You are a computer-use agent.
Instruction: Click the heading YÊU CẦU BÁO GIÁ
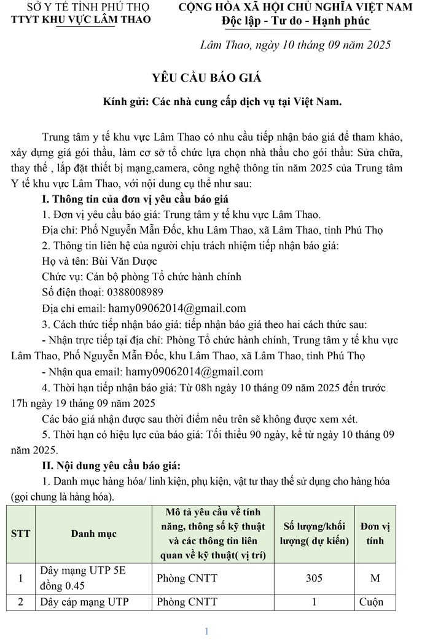pyautogui.click(x=207, y=77)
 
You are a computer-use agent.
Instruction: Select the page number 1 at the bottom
pyautogui.click(x=207, y=631)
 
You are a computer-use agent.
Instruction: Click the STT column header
pyautogui.click(x=21, y=534)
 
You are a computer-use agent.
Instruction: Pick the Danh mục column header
pyautogui.click(x=93, y=534)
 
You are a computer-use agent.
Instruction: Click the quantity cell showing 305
pyautogui.click(x=313, y=578)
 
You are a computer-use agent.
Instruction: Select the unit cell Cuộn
pyautogui.click(x=371, y=602)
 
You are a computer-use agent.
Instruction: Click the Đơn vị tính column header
pyautogui.click(x=375, y=534)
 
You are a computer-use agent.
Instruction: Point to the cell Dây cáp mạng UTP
pyautogui.click(x=85, y=602)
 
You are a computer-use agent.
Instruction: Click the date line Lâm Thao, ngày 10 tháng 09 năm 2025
pyautogui.click(x=295, y=45)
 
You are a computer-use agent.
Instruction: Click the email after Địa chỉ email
pyautogui.click(x=177, y=308)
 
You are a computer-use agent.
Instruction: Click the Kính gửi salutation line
pyautogui.click(x=222, y=102)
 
